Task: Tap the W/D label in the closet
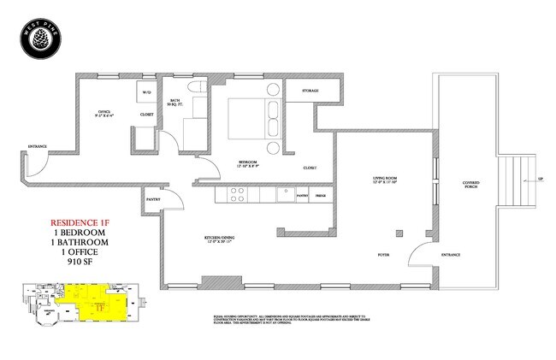pyautogui.click(x=145, y=92)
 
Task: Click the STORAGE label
pyautogui.click(x=311, y=90)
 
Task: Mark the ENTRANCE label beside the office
pyautogui.click(x=38, y=145)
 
